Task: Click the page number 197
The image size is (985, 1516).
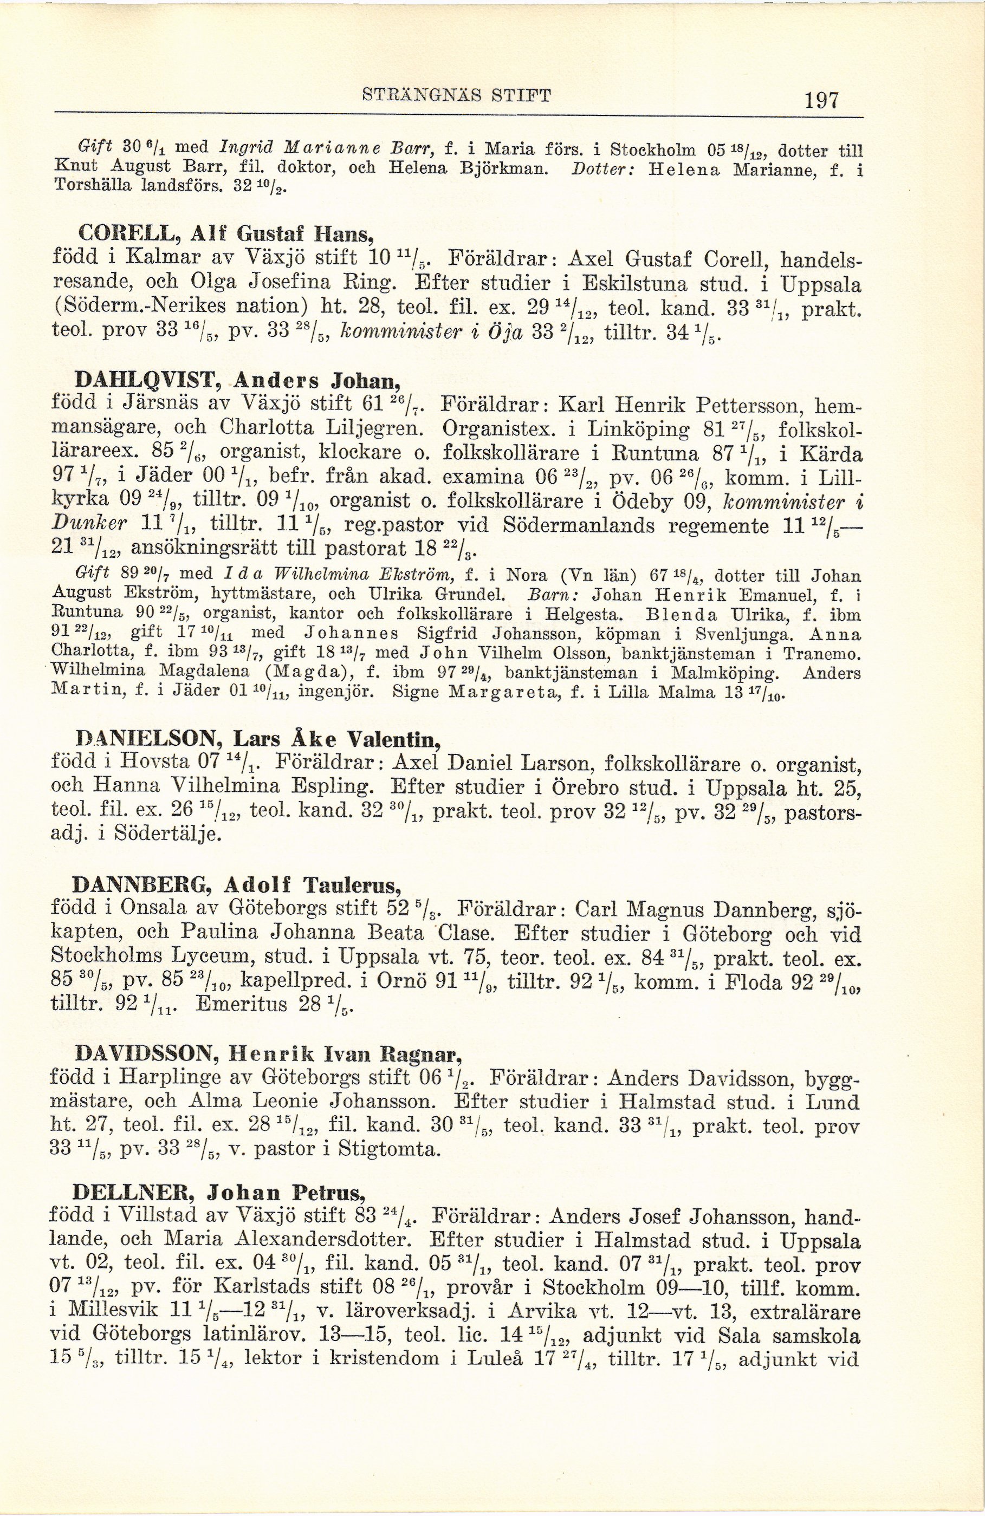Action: [822, 101]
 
